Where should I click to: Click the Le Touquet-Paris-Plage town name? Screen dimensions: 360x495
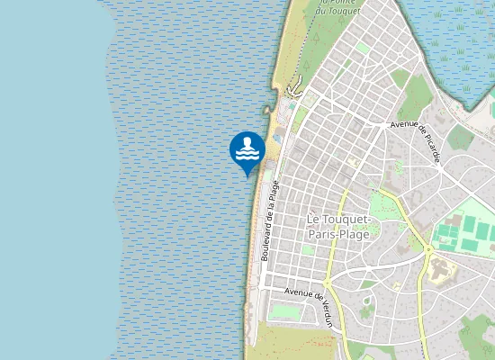click(x=344, y=227)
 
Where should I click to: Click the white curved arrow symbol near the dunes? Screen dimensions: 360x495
click(x=292, y=89)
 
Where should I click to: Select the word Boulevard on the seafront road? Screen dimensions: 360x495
click(x=267, y=241)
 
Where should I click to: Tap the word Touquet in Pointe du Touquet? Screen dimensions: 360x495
click(x=347, y=11)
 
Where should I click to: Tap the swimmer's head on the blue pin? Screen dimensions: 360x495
click(x=247, y=142)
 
